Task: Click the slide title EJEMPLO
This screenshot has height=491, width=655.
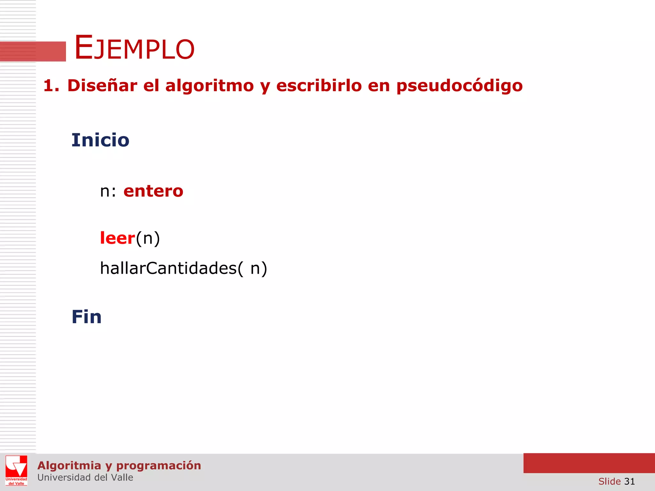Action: (134, 48)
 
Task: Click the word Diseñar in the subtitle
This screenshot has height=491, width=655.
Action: (102, 86)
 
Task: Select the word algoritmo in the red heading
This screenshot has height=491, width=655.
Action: (209, 86)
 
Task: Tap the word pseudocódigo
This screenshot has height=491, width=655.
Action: (459, 86)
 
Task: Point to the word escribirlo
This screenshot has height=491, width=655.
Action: (319, 86)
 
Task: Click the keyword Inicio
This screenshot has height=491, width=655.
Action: (100, 140)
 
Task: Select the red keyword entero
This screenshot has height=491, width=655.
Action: (153, 191)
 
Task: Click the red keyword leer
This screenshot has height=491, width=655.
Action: (117, 238)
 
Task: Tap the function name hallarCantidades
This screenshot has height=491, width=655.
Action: (168, 268)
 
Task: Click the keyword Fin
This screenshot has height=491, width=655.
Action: (86, 317)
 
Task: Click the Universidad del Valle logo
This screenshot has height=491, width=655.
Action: (16, 470)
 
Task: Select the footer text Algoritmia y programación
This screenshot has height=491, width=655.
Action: (119, 465)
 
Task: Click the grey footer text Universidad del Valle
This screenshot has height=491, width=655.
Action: (85, 478)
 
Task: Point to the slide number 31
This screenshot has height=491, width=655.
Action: (629, 481)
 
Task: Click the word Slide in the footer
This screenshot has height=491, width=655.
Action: (609, 481)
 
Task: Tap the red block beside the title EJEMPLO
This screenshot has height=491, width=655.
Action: (33, 51)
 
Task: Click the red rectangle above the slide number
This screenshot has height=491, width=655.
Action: (589, 463)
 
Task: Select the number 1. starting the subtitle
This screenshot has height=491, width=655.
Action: (51, 86)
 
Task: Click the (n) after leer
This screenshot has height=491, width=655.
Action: (148, 238)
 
